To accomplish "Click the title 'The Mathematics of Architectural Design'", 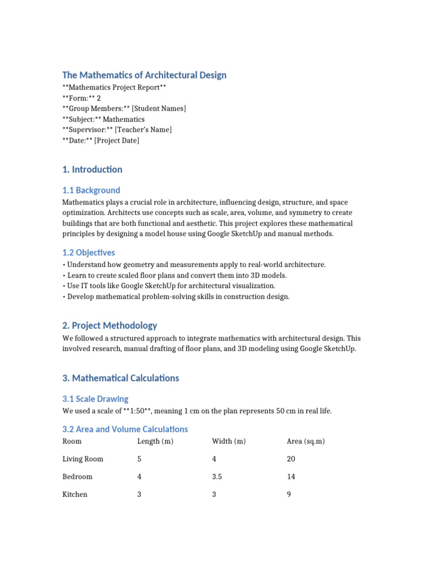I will pyautogui.click(x=144, y=75).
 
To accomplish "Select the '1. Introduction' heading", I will pyautogui.click(x=92, y=170).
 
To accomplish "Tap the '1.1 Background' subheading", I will pyautogui.click(x=91, y=190).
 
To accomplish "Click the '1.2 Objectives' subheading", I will pyautogui.click(x=89, y=253).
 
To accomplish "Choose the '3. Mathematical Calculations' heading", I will pyautogui.click(x=120, y=378).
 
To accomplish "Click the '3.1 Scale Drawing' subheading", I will pyautogui.click(x=96, y=399).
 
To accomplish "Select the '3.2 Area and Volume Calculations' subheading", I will pyautogui.click(x=125, y=429).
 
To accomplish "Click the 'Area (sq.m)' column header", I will pyautogui.click(x=306, y=441).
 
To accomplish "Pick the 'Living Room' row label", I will pyautogui.click(x=83, y=459).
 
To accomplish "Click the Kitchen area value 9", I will pyautogui.click(x=289, y=494).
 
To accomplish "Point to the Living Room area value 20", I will pyautogui.click(x=291, y=459).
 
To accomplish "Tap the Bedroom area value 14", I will pyautogui.click(x=291, y=476).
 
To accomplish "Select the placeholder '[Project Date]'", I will pyautogui.click(x=116, y=141).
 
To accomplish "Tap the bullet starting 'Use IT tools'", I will pyautogui.click(x=171, y=286).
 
